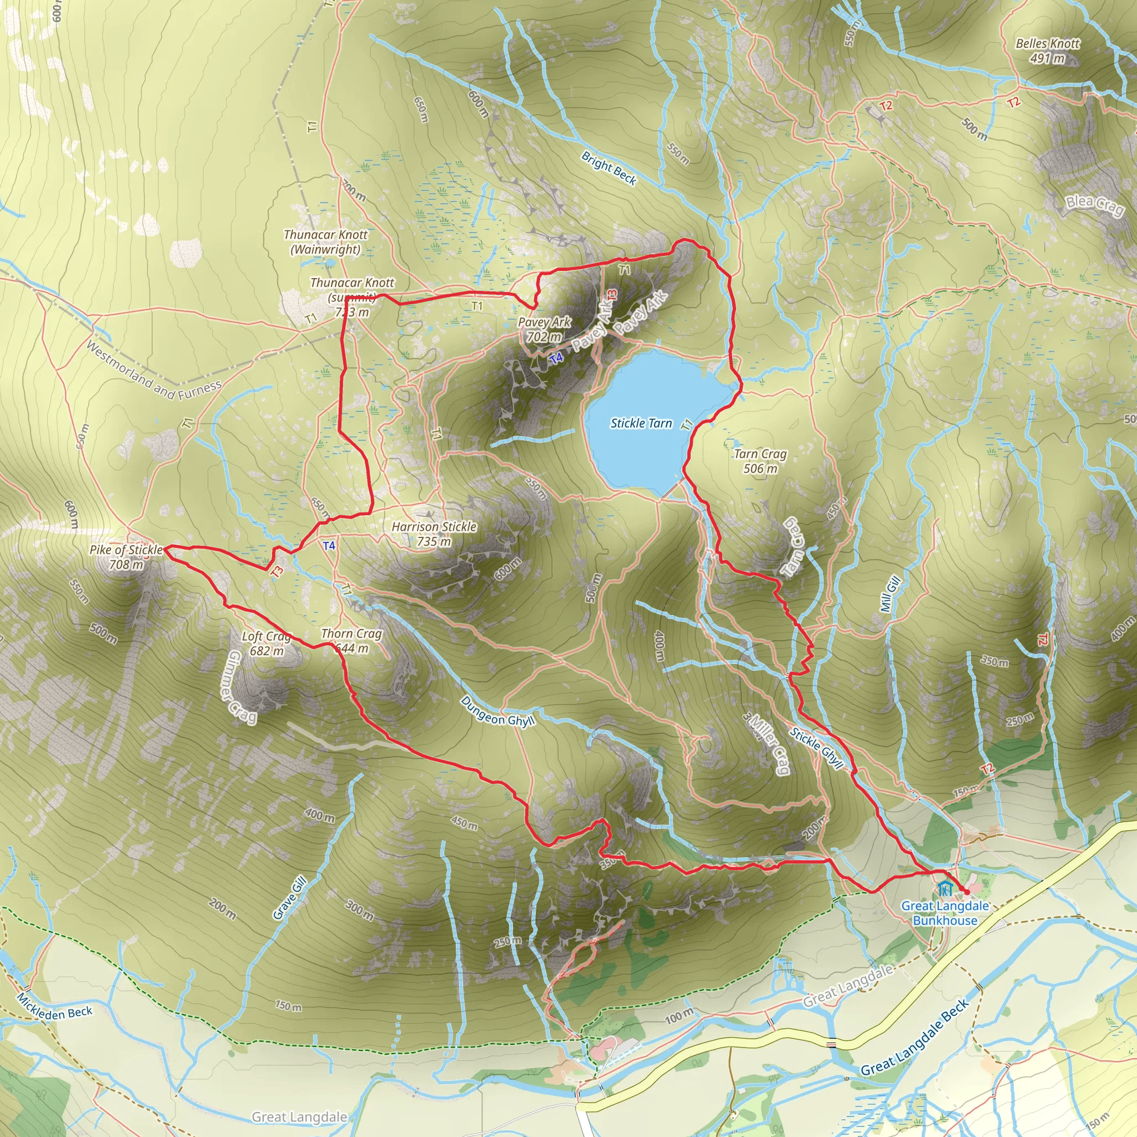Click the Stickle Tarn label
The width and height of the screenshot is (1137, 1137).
(x=641, y=423)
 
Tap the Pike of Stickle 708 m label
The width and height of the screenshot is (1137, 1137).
(x=126, y=557)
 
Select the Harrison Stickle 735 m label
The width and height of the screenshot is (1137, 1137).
(x=434, y=534)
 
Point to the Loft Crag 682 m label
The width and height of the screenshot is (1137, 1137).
(x=266, y=643)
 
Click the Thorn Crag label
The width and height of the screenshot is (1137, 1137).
(x=351, y=634)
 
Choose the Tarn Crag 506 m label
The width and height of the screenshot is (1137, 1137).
(x=761, y=461)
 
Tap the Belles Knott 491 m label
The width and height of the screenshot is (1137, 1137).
(x=1048, y=51)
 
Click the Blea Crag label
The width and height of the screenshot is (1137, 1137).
(x=1095, y=205)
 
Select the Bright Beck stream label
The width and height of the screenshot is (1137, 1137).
(x=608, y=168)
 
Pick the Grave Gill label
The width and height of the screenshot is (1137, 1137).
(x=290, y=898)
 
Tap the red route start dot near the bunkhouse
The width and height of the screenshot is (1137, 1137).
(x=967, y=893)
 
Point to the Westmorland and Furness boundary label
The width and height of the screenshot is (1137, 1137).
(x=154, y=371)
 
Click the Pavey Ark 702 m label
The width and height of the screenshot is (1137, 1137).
(x=545, y=330)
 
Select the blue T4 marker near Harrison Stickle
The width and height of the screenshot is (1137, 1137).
(x=329, y=546)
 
